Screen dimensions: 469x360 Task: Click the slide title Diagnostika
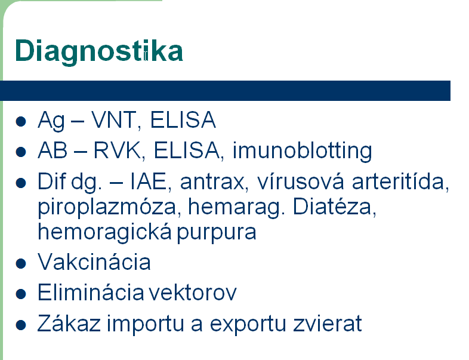[x=98, y=51]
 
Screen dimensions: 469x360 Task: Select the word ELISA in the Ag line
[x=183, y=120]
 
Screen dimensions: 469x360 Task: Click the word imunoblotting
[x=303, y=151]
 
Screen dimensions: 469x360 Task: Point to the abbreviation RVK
[x=117, y=150]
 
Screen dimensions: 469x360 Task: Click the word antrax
[x=212, y=182]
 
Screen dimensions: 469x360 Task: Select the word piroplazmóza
[x=107, y=208]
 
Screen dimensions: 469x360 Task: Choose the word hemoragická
[x=104, y=232]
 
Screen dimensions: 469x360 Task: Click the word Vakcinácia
[x=94, y=262]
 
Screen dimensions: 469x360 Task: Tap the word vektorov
[x=193, y=293]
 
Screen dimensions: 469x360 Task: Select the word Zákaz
[x=69, y=323]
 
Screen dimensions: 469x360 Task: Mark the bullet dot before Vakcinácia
[x=21, y=264]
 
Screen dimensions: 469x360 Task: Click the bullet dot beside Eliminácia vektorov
[x=21, y=294]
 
